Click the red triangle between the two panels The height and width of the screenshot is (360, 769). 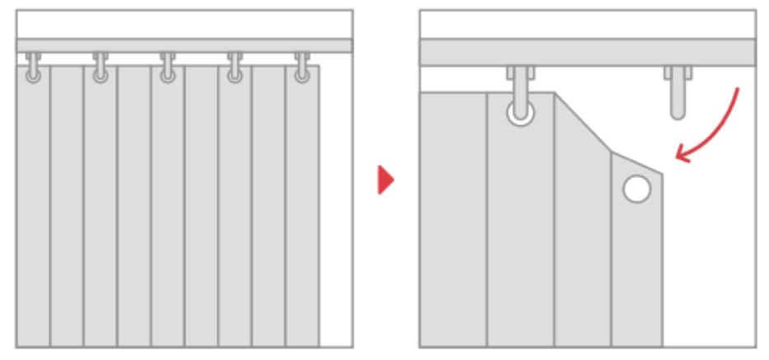click(x=385, y=180)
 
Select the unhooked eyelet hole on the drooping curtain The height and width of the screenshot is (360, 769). click(x=635, y=189)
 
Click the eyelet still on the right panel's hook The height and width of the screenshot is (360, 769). click(x=520, y=112)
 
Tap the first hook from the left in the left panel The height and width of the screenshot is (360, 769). click(x=33, y=68)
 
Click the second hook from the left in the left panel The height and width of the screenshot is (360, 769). click(x=101, y=68)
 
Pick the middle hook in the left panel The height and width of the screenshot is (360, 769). click(x=168, y=68)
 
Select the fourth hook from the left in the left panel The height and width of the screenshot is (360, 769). click(x=235, y=68)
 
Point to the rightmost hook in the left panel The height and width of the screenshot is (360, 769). click(x=302, y=68)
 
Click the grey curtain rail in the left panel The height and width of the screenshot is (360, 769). click(x=185, y=45)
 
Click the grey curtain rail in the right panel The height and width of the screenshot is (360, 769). click(x=587, y=52)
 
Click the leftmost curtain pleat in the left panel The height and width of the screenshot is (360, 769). click(x=33, y=214)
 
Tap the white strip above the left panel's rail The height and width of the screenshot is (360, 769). click(x=185, y=23)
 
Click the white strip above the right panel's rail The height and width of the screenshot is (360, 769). click(x=587, y=23)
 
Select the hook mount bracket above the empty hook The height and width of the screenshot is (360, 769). click(x=678, y=72)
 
